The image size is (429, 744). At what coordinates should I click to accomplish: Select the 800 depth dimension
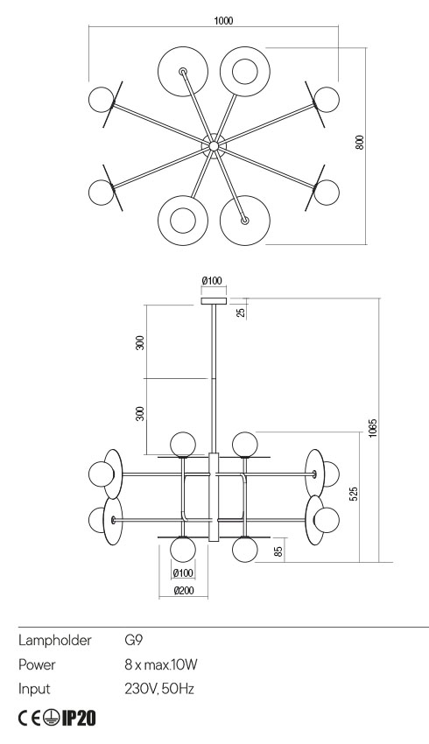click(x=359, y=143)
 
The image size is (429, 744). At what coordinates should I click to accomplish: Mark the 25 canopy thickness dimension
click(x=241, y=310)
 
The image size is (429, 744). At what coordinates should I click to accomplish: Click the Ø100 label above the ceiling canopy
click(x=213, y=280)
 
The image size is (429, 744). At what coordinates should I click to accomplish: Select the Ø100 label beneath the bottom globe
click(x=182, y=573)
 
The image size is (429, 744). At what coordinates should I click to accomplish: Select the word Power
click(x=38, y=665)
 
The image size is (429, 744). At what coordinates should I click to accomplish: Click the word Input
click(x=34, y=689)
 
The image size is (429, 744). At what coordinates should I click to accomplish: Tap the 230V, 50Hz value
click(x=159, y=689)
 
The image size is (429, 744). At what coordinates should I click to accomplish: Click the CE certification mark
click(x=29, y=719)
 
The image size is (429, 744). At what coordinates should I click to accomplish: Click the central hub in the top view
click(x=213, y=143)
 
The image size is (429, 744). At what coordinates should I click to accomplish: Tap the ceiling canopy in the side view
click(x=213, y=300)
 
